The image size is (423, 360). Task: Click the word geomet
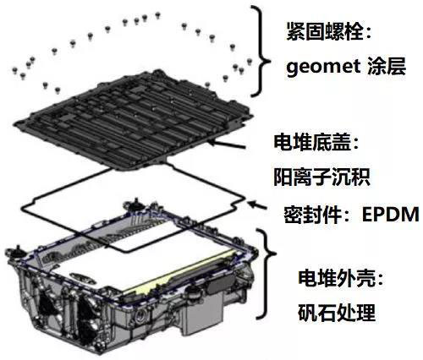click(x=323, y=68)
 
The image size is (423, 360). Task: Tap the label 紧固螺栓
click(x=324, y=31)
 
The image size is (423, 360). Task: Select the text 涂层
click(x=387, y=67)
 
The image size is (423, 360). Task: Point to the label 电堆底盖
click(x=312, y=142)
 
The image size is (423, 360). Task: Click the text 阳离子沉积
click(x=321, y=177)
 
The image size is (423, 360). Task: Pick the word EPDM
click(x=391, y=215)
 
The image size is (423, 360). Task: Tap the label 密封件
click(x=312, y=215)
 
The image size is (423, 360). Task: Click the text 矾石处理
click(x=337, y=313)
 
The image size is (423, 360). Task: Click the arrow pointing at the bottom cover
click(x=227, y=144)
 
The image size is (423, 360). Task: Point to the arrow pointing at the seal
click(x=256, y=205)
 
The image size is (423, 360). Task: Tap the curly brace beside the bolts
click(x=261, y=51)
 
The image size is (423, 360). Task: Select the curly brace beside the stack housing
click(x=266, y=273)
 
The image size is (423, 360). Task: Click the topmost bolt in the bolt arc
click(x=157, y=14)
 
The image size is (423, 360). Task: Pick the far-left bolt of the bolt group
click(x=15, y=70)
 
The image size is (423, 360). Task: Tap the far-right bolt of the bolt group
click(x=250, y=61)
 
